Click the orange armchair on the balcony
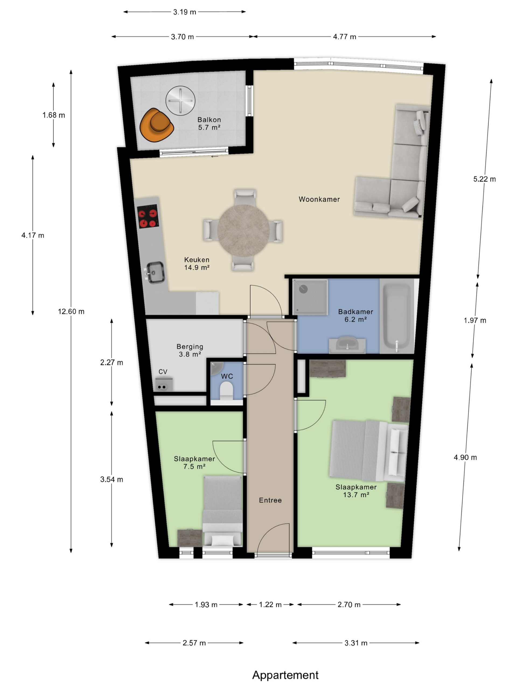tap(156, 125)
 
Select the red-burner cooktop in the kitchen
tap(148, 216)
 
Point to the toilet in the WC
tap(226, 391)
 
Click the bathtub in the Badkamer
tap(396, 316)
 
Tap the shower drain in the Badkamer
tap(303, 289)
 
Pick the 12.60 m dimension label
tap(71, 311)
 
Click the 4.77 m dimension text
tap(344, 37)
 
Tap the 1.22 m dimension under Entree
tap(270, 605)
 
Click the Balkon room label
tap(209, 119)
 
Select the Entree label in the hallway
tap(270, 500)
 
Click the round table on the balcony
tap(180, 101)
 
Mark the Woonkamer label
tap(319, 199)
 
